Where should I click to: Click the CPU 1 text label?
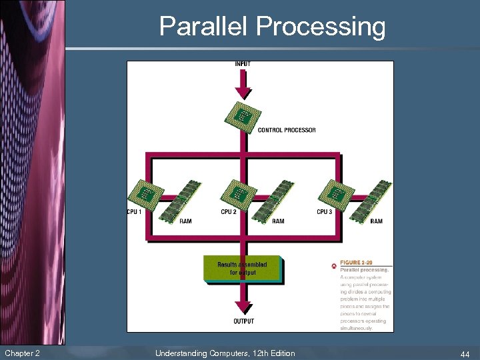pos(135,212)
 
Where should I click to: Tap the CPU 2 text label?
pos(229,212)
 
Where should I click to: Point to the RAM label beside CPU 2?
pos(278,221)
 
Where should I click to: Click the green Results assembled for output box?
pos(242,269)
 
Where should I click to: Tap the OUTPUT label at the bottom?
pos(243,321)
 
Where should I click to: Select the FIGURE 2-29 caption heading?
pos(357,263)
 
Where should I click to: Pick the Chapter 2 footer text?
pos(22,353)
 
